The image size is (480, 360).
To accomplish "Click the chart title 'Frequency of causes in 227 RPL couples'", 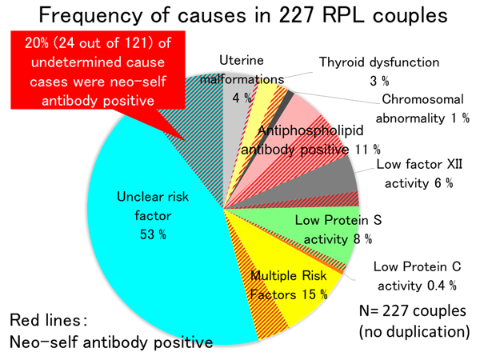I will (240, 18).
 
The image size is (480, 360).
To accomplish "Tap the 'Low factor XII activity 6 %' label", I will (416, 175).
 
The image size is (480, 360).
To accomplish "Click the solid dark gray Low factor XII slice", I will (336, 172).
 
